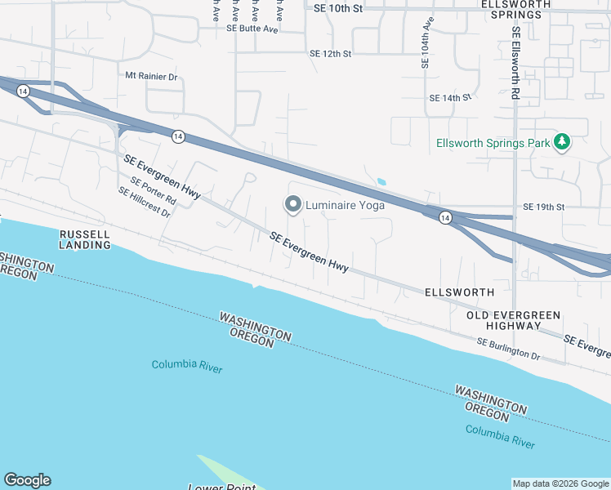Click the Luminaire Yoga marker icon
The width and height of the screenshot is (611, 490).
pyautogui.click(x=292, y=204)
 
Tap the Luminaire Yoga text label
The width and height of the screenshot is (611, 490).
pyautogui.click(x=345, y=205)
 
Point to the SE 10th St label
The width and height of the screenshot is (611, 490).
pyautogui.click(x=337, y=7)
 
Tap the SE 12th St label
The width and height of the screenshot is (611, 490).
pyautogui.click(x=330, y=54)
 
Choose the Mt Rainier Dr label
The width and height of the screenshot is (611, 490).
pyautogui.click(x=151, y=76)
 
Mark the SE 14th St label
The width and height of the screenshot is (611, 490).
pyautogui.click(x=450, y=98)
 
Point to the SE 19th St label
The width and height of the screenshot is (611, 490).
pyautogui.click(x=543, y=207)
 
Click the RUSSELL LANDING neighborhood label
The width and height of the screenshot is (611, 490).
pyautogui.click(x=85, y=239)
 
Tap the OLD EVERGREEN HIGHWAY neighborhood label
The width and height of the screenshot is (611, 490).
pyautogui.click(x=514, y=320)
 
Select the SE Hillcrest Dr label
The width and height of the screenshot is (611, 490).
pyautogui.click(x=144, y=203)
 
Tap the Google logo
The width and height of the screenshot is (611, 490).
pyautogui.click(x=27, y=480)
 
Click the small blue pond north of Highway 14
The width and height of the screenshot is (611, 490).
pyautogui.click(x=381, y=181)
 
